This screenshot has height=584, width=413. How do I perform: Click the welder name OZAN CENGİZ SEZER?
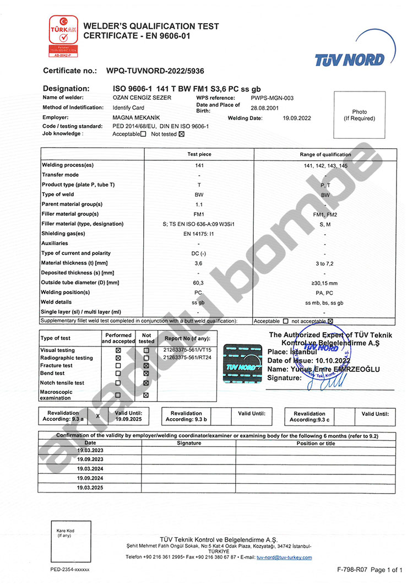142,98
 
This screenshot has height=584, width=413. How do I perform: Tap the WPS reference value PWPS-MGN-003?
272,98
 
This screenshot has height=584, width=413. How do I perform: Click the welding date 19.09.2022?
297,118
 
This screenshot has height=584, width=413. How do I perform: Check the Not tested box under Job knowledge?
182,134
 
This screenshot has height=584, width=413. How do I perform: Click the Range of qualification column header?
325,154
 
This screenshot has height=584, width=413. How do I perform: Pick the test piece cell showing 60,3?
199,283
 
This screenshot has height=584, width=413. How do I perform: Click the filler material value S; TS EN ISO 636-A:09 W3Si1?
199,224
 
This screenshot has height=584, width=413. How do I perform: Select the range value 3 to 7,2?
325,263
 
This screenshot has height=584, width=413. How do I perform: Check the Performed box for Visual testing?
118,350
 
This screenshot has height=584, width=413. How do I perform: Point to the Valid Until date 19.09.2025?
129,419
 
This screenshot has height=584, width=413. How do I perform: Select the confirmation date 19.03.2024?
90,468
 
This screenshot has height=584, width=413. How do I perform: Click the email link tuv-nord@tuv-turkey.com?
287,558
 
